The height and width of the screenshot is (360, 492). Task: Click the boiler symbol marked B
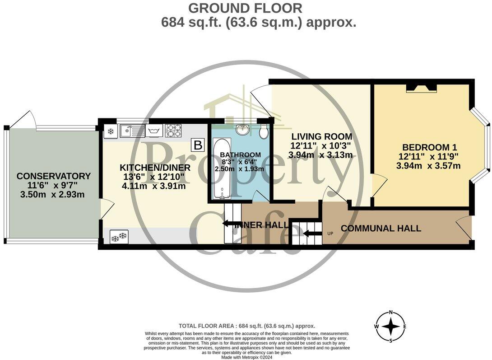pyautogui.click(x=197, y=145)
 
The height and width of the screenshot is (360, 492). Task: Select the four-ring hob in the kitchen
pyautogui.click(x=174, y=131)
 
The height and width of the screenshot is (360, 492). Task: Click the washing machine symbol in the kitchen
pyautogui.click(x=153, y=131)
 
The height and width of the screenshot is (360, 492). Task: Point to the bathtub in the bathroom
pyautogui.click(x=222, y=169)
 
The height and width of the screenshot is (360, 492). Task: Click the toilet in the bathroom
pyautogui.click(x=265, y=131)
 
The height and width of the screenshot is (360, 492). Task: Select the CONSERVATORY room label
pyautogui.click(x=54, y=176)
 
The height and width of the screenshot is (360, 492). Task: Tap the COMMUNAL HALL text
pyautogui.click(x=381, y=229)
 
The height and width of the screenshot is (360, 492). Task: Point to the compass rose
pyautogui.click(x=391, y=327)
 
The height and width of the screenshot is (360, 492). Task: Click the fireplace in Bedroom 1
pyautogui.click(x=422, y=89)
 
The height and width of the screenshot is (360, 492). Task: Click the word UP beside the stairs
pyautogui.click(x=330, y=234)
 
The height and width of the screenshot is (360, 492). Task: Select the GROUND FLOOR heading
pyautogui.click(x=246, y=8)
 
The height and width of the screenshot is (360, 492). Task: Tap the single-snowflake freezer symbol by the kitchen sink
pyautogui.click(x=111, y=131)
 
